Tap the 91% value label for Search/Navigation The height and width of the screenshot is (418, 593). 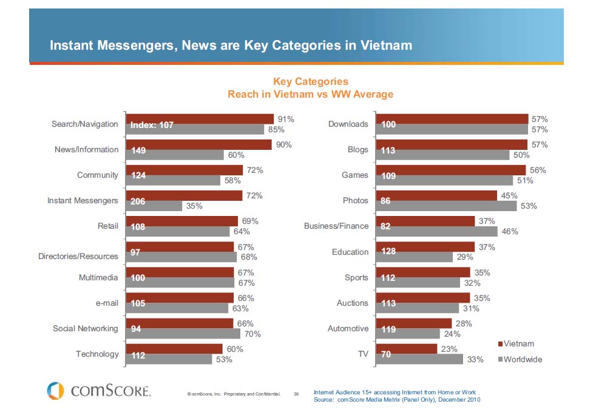click(x=285, y=119)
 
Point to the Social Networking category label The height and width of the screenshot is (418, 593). click(x=85, y=328)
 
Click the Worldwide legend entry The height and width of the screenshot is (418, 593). click(x=520, y=359)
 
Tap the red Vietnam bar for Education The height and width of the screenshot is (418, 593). click(x=425, y=247)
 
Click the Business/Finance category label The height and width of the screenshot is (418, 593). click(x=336, y=226)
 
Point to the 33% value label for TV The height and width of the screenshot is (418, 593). click(x=475, y=359)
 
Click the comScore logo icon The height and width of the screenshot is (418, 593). click(x=55, y=389)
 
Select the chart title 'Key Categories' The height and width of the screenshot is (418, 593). click(x=310, y=81)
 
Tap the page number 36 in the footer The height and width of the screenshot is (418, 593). click(x=296, y=394)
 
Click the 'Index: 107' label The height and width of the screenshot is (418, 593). click(x=152, y=125)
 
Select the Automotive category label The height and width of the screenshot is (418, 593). click(x=348, y=328)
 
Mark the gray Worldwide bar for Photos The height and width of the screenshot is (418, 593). click(x=446, y=206)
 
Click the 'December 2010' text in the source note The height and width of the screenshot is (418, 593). click(x=458, y=400)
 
